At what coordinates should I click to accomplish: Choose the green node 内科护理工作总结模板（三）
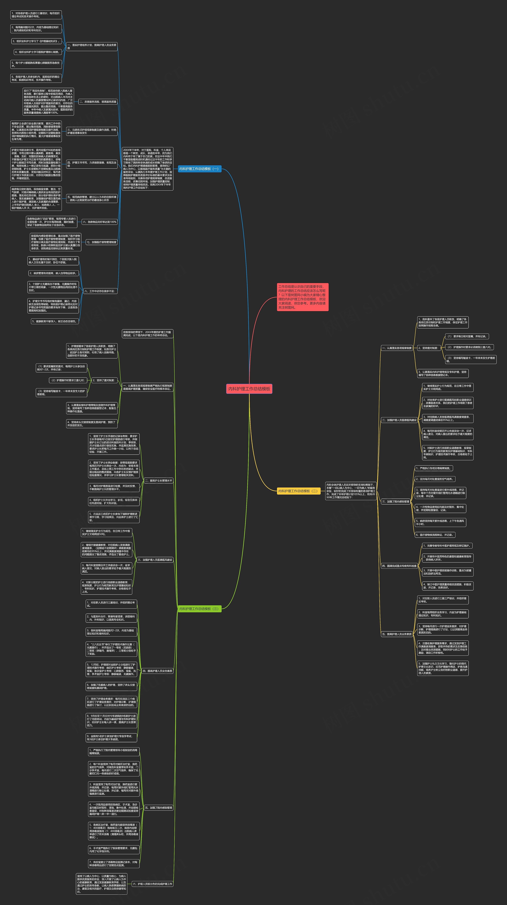tap(199, 609)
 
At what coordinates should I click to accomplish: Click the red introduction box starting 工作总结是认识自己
tap(302, 297)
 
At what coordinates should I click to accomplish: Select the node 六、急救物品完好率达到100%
tap(100, 222)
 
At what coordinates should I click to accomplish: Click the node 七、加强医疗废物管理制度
tap(101, 242)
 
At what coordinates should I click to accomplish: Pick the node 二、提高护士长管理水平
tap(159, 481)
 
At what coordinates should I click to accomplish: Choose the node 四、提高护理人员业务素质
tap(157, 671)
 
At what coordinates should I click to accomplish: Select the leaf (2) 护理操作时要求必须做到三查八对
tap(469, 347)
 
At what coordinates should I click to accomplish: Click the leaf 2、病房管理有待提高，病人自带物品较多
tap(53, 273)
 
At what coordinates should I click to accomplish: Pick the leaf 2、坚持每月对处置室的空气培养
tap(435, 479)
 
